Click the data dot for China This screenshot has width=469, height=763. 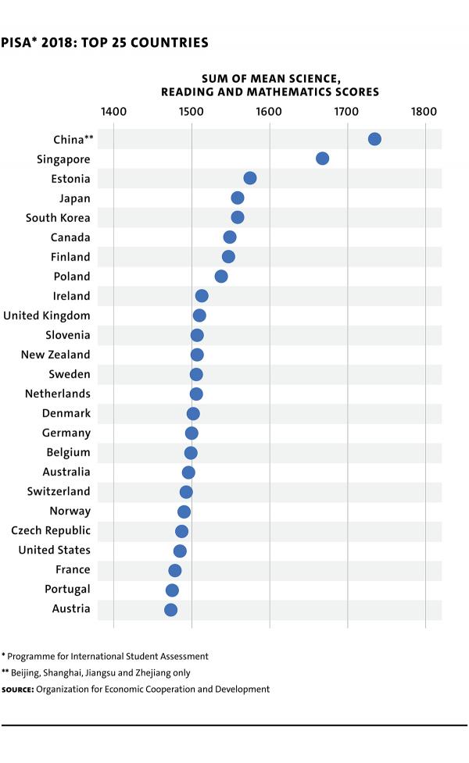coord(374,139)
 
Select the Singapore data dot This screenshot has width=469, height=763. coord(322,159)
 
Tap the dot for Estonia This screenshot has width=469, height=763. coord(250,178)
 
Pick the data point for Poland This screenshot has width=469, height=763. coord(221,276)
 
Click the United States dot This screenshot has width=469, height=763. coord(180,551)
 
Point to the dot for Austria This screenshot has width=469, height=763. coord(170,610)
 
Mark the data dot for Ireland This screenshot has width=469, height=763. coord(202,296)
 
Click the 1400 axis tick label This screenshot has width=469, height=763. coord(114,111)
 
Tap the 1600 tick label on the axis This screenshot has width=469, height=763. coord(270,111)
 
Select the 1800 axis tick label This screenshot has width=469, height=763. coord(425,111)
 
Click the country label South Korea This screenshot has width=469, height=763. coord(58,218)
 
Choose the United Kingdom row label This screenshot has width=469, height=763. coord(47,316)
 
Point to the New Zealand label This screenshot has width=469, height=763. coord(55,355)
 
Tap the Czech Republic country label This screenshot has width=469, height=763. coord(51,530)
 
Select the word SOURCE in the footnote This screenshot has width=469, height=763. coord(17,690)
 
